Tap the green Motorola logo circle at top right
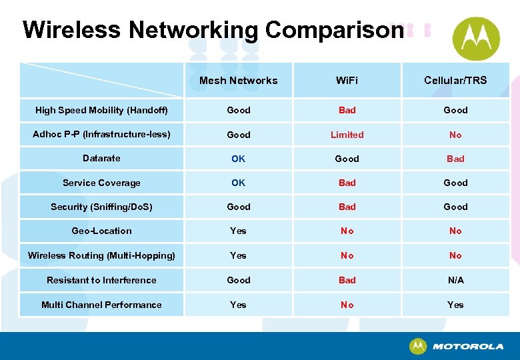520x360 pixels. coord(476,38)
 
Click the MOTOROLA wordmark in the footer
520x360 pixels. coord(467,347)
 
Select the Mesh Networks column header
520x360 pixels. coord(238,81)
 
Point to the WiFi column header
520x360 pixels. coord(347,81)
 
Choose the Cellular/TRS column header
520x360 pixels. coord(455,81)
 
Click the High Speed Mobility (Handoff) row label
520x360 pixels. coord(101,110)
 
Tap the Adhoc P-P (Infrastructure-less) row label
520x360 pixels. coord(101,135)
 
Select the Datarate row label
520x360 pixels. coord(101,159)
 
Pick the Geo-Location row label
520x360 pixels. coord(101,231)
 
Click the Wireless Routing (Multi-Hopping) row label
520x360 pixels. coord(101,255)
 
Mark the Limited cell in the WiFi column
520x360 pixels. coord(347,135)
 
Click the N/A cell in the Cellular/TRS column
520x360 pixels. coord(455,281)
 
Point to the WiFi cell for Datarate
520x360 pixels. coord(347,159)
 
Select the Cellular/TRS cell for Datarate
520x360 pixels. coord(455,159)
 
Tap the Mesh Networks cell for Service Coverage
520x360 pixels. coord(238,183)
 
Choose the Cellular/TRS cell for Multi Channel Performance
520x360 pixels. coord(455,305)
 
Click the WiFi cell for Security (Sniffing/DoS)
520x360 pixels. coord(347,207)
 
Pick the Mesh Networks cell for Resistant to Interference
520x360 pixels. coord(238,281)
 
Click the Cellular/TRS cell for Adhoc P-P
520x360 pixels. coord(455,135)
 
